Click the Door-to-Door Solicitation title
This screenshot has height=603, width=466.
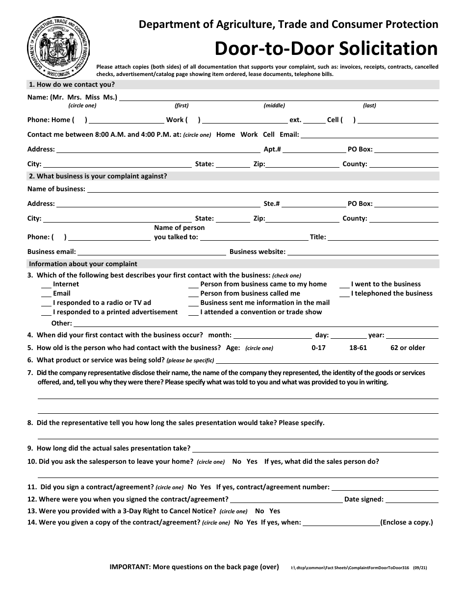point(326,49)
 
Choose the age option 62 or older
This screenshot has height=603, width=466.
point(408,348)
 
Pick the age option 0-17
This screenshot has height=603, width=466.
point(318,348)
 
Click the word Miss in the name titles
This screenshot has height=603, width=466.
point(92,97)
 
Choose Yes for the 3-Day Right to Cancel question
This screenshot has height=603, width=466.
point(275,511)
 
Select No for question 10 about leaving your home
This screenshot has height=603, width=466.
point(236,461)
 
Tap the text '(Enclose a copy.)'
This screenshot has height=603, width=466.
point(407,522)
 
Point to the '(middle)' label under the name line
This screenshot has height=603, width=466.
point(274,105)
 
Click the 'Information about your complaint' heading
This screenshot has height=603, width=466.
point(83,264)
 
